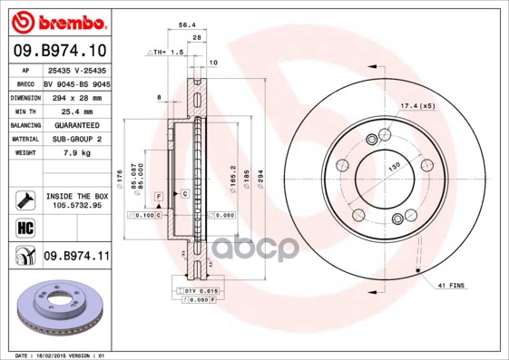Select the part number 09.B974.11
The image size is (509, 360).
tap(76, 257)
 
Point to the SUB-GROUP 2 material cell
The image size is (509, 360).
tap(76, 139)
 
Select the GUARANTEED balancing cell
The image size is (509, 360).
tap(76, 125)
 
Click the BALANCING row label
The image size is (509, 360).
tap(24, 125)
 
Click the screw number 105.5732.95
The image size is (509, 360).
tap(76, 205)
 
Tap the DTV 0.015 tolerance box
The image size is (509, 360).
tap(192, 289)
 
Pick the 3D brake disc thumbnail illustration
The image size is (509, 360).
tap(59, 312)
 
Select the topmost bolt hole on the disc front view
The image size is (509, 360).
tap(371, 139)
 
